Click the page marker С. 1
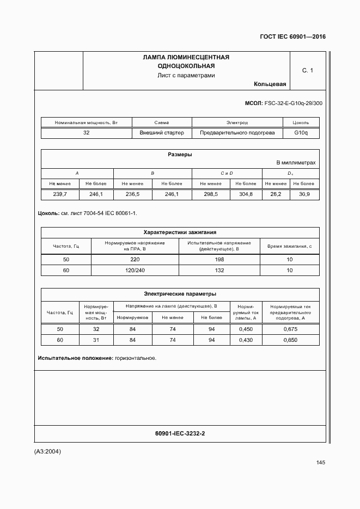pos(308,70)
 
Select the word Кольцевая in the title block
pos(270,84)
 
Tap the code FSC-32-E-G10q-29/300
pos(293,103)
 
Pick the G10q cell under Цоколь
pos(301,132)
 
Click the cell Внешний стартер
pos(162,132)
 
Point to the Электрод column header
pos(237,122)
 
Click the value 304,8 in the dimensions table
pos(245,194)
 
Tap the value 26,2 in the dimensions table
pos(276,194)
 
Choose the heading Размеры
pos(180,155)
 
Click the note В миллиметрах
pos(296,163)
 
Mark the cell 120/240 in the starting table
pos(135,270)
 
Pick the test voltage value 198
pos(219,260)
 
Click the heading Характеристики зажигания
pos(180,231)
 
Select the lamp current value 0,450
pos(246,329)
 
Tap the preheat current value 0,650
pos(290,340)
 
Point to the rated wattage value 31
pos(96,340)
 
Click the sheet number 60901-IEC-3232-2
pos(180,433)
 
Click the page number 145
pos(320,462)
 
